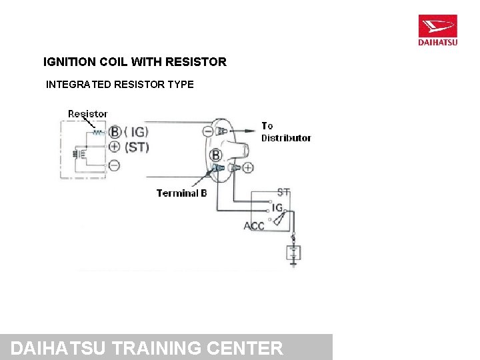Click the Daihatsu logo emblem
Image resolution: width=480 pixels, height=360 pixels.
437,27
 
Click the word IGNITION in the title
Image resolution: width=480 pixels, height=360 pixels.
69,62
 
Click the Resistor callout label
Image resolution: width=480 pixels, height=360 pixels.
87,114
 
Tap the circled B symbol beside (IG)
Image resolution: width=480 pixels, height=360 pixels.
115,131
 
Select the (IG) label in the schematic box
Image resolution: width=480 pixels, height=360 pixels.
137,131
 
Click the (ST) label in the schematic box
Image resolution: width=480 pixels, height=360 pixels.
137,147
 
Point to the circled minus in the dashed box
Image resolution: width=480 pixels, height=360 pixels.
115,164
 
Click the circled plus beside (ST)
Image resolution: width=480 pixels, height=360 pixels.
115,147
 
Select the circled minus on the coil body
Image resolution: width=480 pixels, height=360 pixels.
209,131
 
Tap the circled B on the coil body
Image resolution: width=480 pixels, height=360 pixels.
216,155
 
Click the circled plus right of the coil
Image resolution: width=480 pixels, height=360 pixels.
247,167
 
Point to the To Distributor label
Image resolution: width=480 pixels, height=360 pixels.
285,131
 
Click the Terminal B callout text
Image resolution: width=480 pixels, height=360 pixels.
182,193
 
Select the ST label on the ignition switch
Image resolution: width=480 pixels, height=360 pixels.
283,193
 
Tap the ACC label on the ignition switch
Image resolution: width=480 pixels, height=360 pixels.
254,226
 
